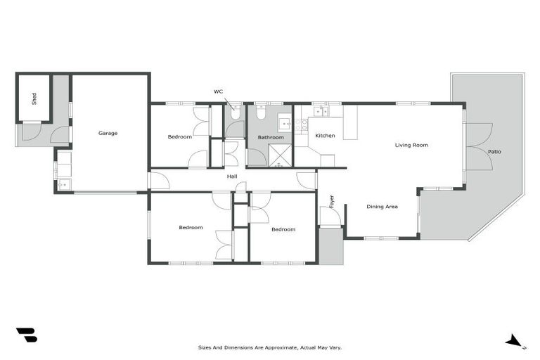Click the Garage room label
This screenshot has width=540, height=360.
(108, 133)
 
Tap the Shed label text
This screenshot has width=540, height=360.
(34, 98)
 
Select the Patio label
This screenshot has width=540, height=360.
(494, 152)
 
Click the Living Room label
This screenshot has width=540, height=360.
(411, 146)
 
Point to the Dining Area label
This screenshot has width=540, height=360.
(382, 207)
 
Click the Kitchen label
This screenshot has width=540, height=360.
(325, 136)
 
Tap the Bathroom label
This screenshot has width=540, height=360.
(270, 137)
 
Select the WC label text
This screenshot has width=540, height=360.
(219, 91)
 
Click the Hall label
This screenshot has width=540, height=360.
(231, 176)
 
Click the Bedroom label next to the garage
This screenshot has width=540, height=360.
(179, 136)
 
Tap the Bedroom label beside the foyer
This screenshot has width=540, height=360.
(283, 229)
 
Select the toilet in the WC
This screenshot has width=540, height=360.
(234, 112)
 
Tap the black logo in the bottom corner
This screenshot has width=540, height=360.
(27, 335)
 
